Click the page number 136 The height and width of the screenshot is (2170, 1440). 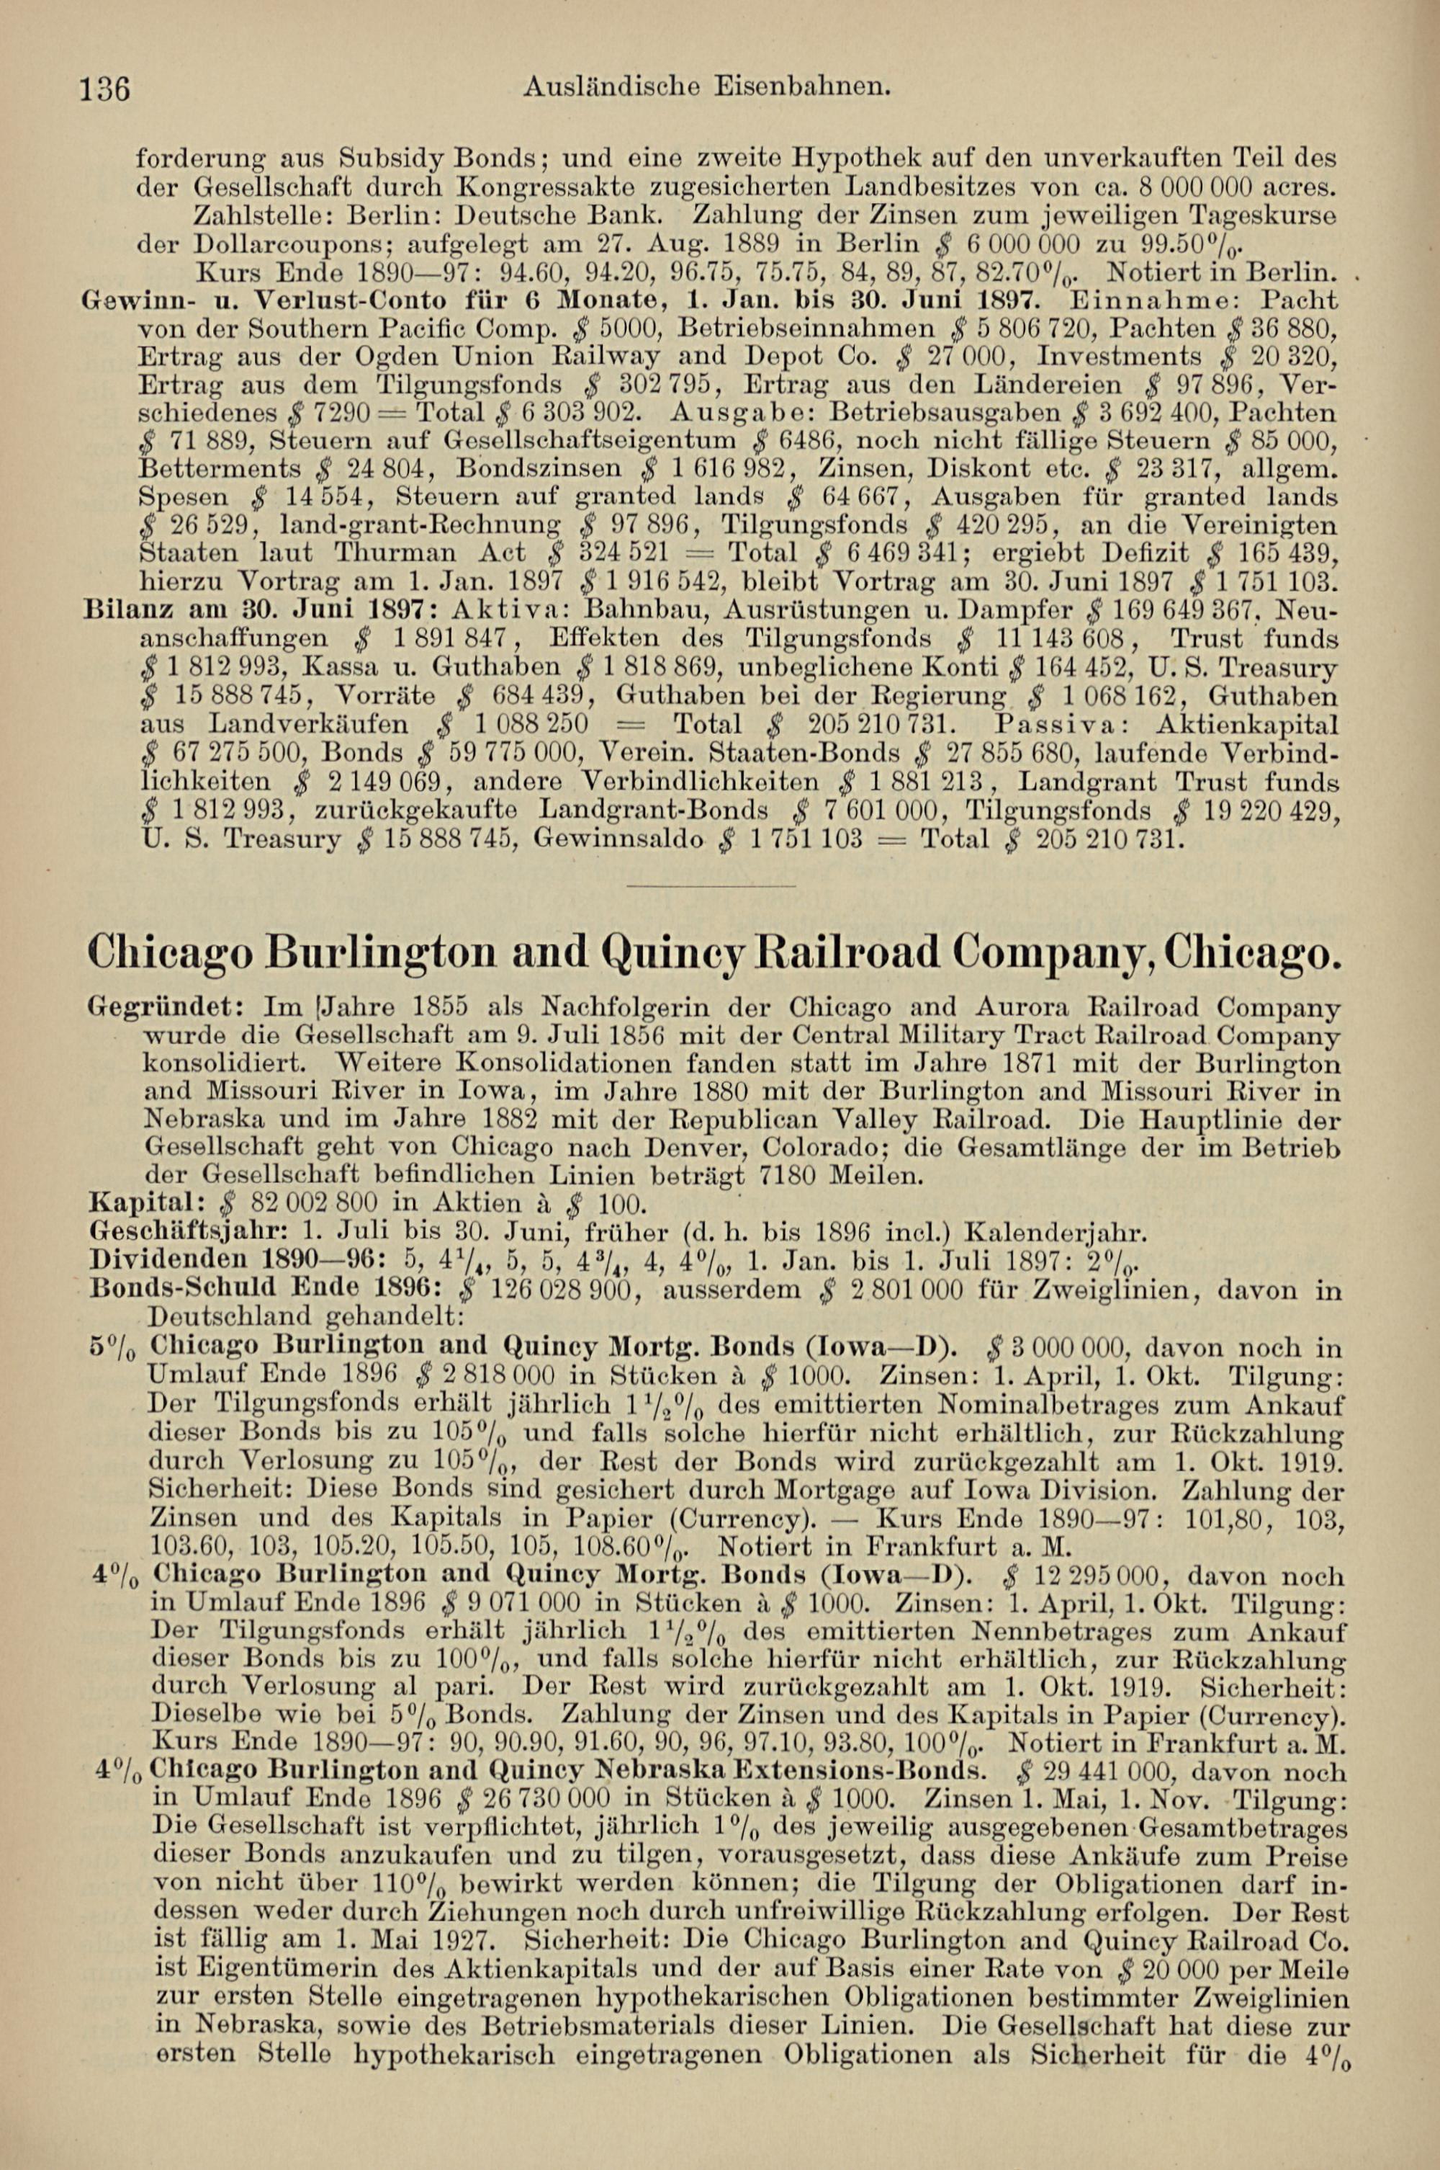tap(107, 89)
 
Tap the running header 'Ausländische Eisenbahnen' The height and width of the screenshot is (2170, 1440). tap(707, 87)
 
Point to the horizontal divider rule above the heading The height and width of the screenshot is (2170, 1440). tap(710, 885)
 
